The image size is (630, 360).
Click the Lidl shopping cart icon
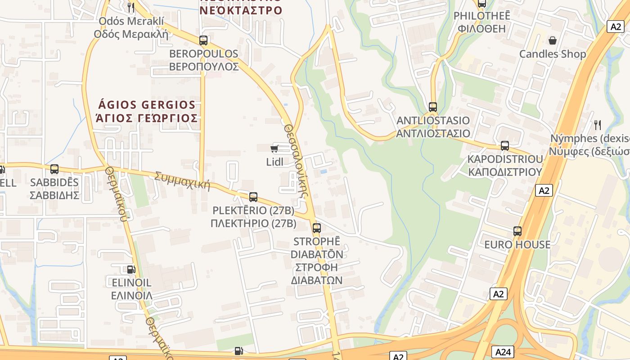coord(274,148)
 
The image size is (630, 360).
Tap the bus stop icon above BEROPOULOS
coord(203,40)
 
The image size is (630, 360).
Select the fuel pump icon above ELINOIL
coord(131,270)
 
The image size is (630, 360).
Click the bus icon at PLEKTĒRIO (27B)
coord(253,197)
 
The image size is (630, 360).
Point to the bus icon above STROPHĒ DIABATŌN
coord(317,228)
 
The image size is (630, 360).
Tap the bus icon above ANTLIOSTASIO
coord(433,107)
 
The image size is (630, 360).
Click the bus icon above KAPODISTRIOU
coord(505,146)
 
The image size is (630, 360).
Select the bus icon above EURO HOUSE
coord(517,231)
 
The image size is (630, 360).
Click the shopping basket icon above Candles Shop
coord(553,41)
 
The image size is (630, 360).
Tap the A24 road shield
coord(503,352)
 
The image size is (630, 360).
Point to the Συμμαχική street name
coord(182,180)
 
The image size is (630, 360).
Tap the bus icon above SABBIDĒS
coord(54,169)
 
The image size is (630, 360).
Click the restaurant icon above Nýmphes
coord(598,125)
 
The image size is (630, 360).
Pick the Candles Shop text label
coord(553,54)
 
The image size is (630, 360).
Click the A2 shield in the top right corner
coord(616,27)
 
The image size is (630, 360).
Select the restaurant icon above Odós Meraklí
coord(131,7)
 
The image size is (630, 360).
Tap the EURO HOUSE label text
coord(517,245)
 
